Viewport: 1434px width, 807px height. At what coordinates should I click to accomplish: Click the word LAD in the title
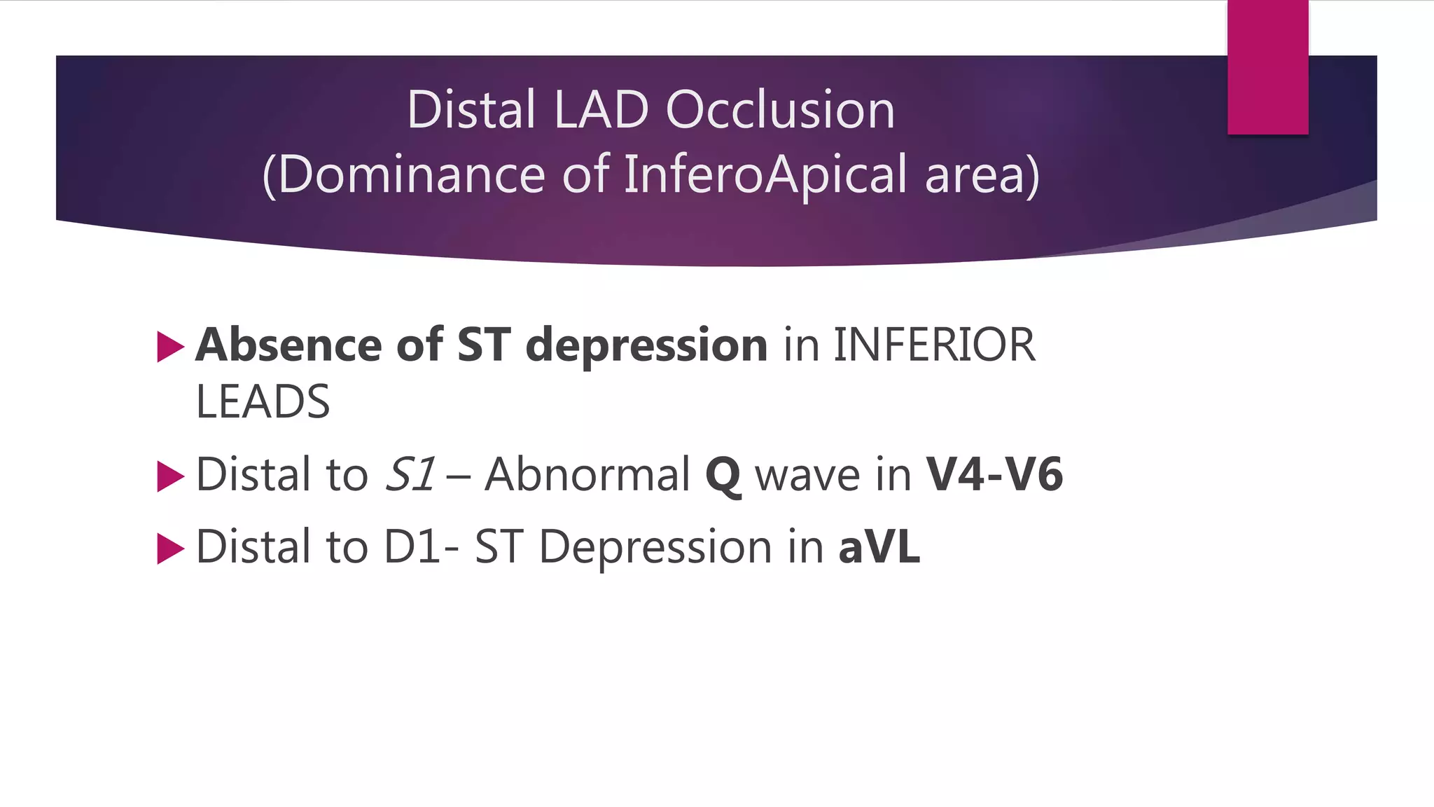click(x=600, y=110)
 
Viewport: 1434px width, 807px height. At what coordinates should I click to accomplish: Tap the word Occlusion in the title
click(x=780, y=110)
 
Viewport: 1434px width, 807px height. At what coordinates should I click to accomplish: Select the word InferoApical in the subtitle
click(x=765, y=174)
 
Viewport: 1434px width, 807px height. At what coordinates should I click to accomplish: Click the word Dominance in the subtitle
click(x=412, y=174)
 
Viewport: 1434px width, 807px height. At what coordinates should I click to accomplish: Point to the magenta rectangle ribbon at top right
click(x=1267, y=67)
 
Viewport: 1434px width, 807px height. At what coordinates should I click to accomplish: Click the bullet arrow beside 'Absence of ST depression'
click(x=170, y=347)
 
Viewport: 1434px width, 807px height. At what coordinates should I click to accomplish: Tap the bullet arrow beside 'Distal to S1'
click(x=170, y=476)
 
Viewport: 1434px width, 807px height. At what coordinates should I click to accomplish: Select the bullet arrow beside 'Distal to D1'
click(x=170, y=549)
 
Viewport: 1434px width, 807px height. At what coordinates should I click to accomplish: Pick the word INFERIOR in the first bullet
click(x=934, y=345)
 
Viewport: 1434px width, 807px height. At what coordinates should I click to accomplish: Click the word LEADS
click(x=263, y=402)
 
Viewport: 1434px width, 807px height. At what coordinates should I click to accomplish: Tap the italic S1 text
click(x=410, y=474)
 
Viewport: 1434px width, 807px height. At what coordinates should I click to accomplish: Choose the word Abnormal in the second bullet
click(x=587, y=474)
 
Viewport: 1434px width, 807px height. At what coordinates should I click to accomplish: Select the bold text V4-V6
click(x=994, y=474)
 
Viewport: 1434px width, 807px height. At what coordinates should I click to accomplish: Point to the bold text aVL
click(x=879, y=546)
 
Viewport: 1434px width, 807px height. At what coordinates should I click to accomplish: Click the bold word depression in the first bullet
click(x=646, y=346)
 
